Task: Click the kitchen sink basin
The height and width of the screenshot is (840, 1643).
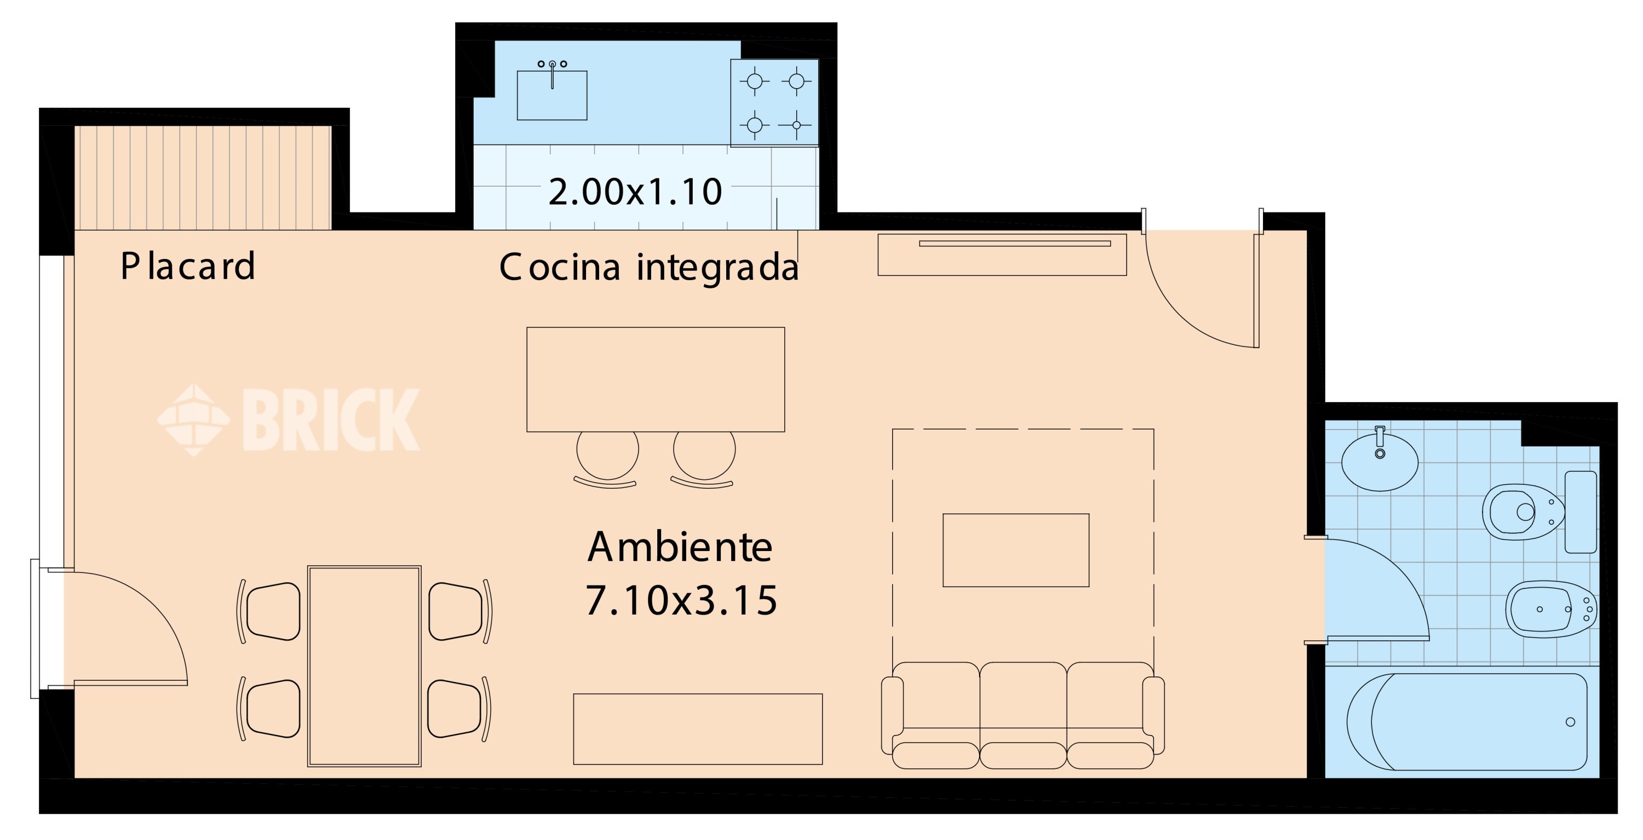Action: click(552, 95)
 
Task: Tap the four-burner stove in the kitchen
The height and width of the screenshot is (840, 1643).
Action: click(774, 103)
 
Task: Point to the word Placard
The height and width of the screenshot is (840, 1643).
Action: click(188, 266)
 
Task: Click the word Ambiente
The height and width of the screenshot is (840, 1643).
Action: click(680, 547)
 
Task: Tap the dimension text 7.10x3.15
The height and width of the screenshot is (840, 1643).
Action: click(681, 600)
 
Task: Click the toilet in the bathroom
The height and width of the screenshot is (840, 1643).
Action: click(1539, 512)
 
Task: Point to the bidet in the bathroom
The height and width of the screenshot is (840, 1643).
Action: click(1551, 609)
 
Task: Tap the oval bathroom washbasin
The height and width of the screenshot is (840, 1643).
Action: click(1380, 461)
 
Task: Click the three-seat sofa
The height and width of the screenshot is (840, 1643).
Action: click(1022, 715)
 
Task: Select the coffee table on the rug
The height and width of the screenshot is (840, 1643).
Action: click(1015, 550)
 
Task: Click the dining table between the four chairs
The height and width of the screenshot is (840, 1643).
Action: click(364, 666)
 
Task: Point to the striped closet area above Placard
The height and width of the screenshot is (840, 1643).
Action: click(203, 177)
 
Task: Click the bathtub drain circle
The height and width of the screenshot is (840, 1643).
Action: click(1570, 722)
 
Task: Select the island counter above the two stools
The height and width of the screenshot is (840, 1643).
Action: click(656, 379)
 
